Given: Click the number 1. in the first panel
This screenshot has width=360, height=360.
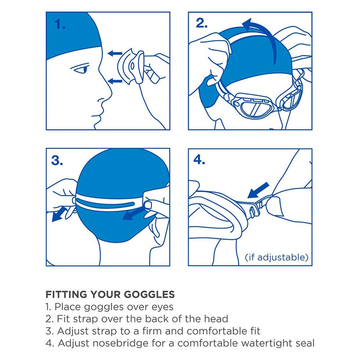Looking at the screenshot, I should [x=60, y=24].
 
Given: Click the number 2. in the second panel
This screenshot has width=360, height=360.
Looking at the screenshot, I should [x=201, y=23].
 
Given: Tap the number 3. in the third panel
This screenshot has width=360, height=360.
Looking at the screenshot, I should [x=57, y=160].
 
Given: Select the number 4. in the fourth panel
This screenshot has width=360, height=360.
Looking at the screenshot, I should [x=200, y=160].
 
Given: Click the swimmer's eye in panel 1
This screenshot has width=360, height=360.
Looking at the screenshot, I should [x=82, y=70].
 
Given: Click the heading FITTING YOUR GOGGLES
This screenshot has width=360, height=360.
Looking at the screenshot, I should [x=110, y=294].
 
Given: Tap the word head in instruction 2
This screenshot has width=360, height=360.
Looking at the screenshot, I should [x=215, y=319].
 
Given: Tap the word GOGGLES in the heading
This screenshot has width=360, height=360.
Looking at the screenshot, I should [x=148, y=294].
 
